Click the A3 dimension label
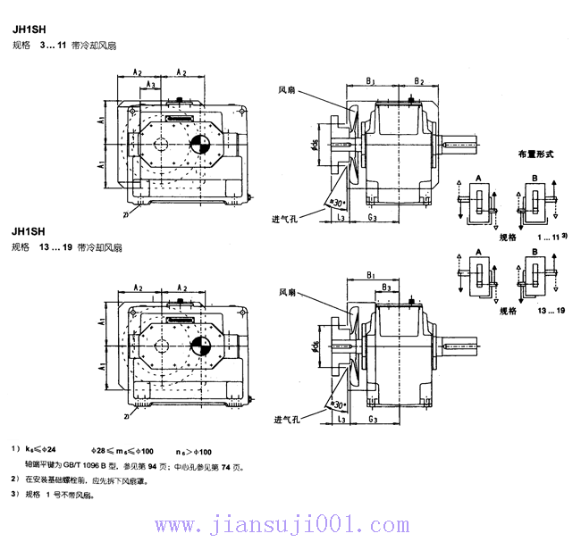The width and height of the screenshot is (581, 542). [x=151, y=85]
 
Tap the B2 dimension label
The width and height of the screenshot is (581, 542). [x=418, y=81]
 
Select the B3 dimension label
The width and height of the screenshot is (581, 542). [x=386, y=287]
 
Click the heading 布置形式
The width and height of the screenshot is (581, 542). [x=536, y=154]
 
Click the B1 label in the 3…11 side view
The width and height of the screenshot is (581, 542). [x=369, y=81]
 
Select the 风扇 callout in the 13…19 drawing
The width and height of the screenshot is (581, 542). [x=287, y=292]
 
